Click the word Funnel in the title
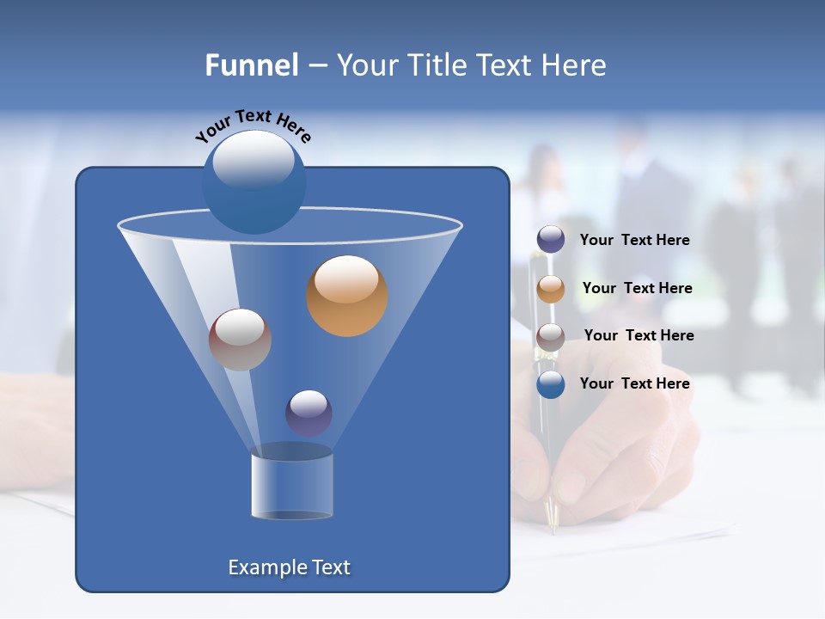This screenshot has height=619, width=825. (251, 65)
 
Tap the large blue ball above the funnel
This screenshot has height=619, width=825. (254, 181)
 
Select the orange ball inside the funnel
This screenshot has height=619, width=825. (347, 296)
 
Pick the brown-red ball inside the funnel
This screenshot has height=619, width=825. (240, 340)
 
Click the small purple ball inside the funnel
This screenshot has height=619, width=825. (309, 413)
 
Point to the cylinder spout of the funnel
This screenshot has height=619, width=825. (291, 486)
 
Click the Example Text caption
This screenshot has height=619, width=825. (289, 567)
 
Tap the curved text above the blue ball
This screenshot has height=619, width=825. (253, 126)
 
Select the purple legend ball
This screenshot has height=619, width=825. (551, 240)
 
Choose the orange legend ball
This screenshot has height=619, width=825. (551, 288)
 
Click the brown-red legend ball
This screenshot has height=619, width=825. (551, 336)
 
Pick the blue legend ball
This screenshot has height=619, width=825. (551, 384)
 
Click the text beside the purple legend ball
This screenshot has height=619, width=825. (634, 241)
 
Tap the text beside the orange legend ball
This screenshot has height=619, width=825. (637, 289)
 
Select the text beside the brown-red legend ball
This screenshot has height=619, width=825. (639, 336)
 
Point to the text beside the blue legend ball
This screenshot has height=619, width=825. (634, 384)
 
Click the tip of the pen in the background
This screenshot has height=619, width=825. (554, 527)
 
